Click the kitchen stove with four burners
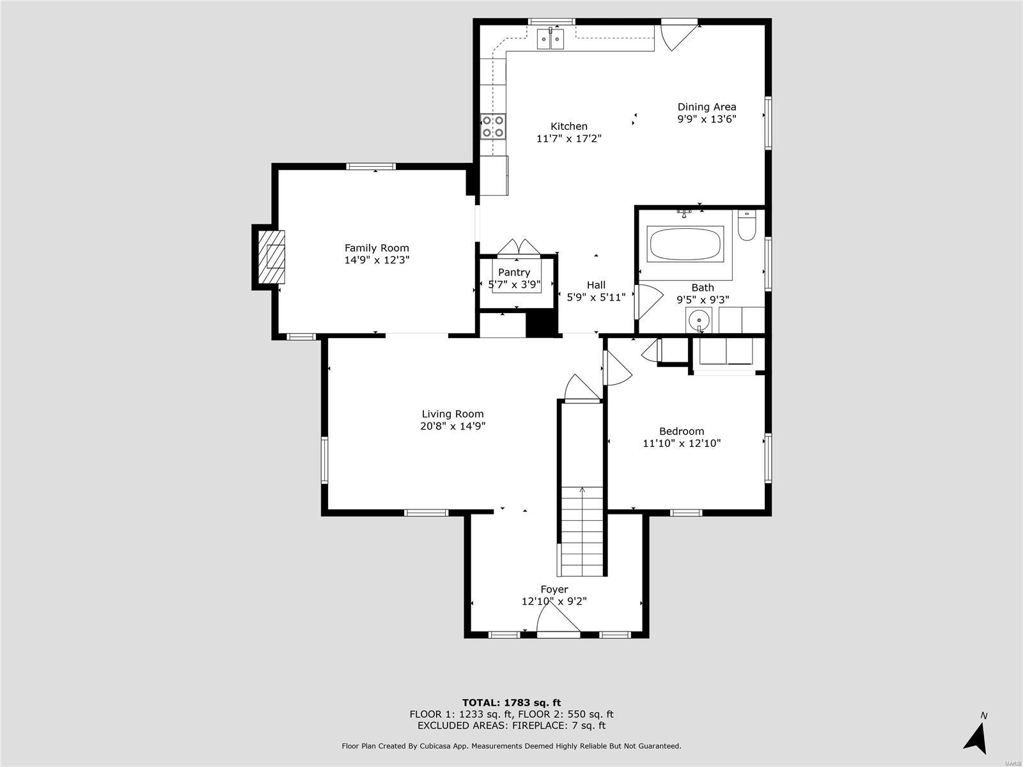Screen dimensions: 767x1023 (493, 126)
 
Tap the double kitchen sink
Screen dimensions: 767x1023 (550, 40)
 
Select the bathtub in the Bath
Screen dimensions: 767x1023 (685, 244)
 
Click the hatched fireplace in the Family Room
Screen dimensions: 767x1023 (272, 256)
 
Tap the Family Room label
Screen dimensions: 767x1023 (377, 248)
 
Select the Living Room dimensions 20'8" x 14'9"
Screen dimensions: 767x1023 (453, 426)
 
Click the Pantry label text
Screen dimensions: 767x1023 (514, 272)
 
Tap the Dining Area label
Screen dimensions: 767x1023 (707, 107)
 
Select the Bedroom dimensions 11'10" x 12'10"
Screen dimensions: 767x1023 (682, 443)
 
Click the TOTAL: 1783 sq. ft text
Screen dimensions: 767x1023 (511, 702)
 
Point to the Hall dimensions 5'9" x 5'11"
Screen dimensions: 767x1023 (596, 297)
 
